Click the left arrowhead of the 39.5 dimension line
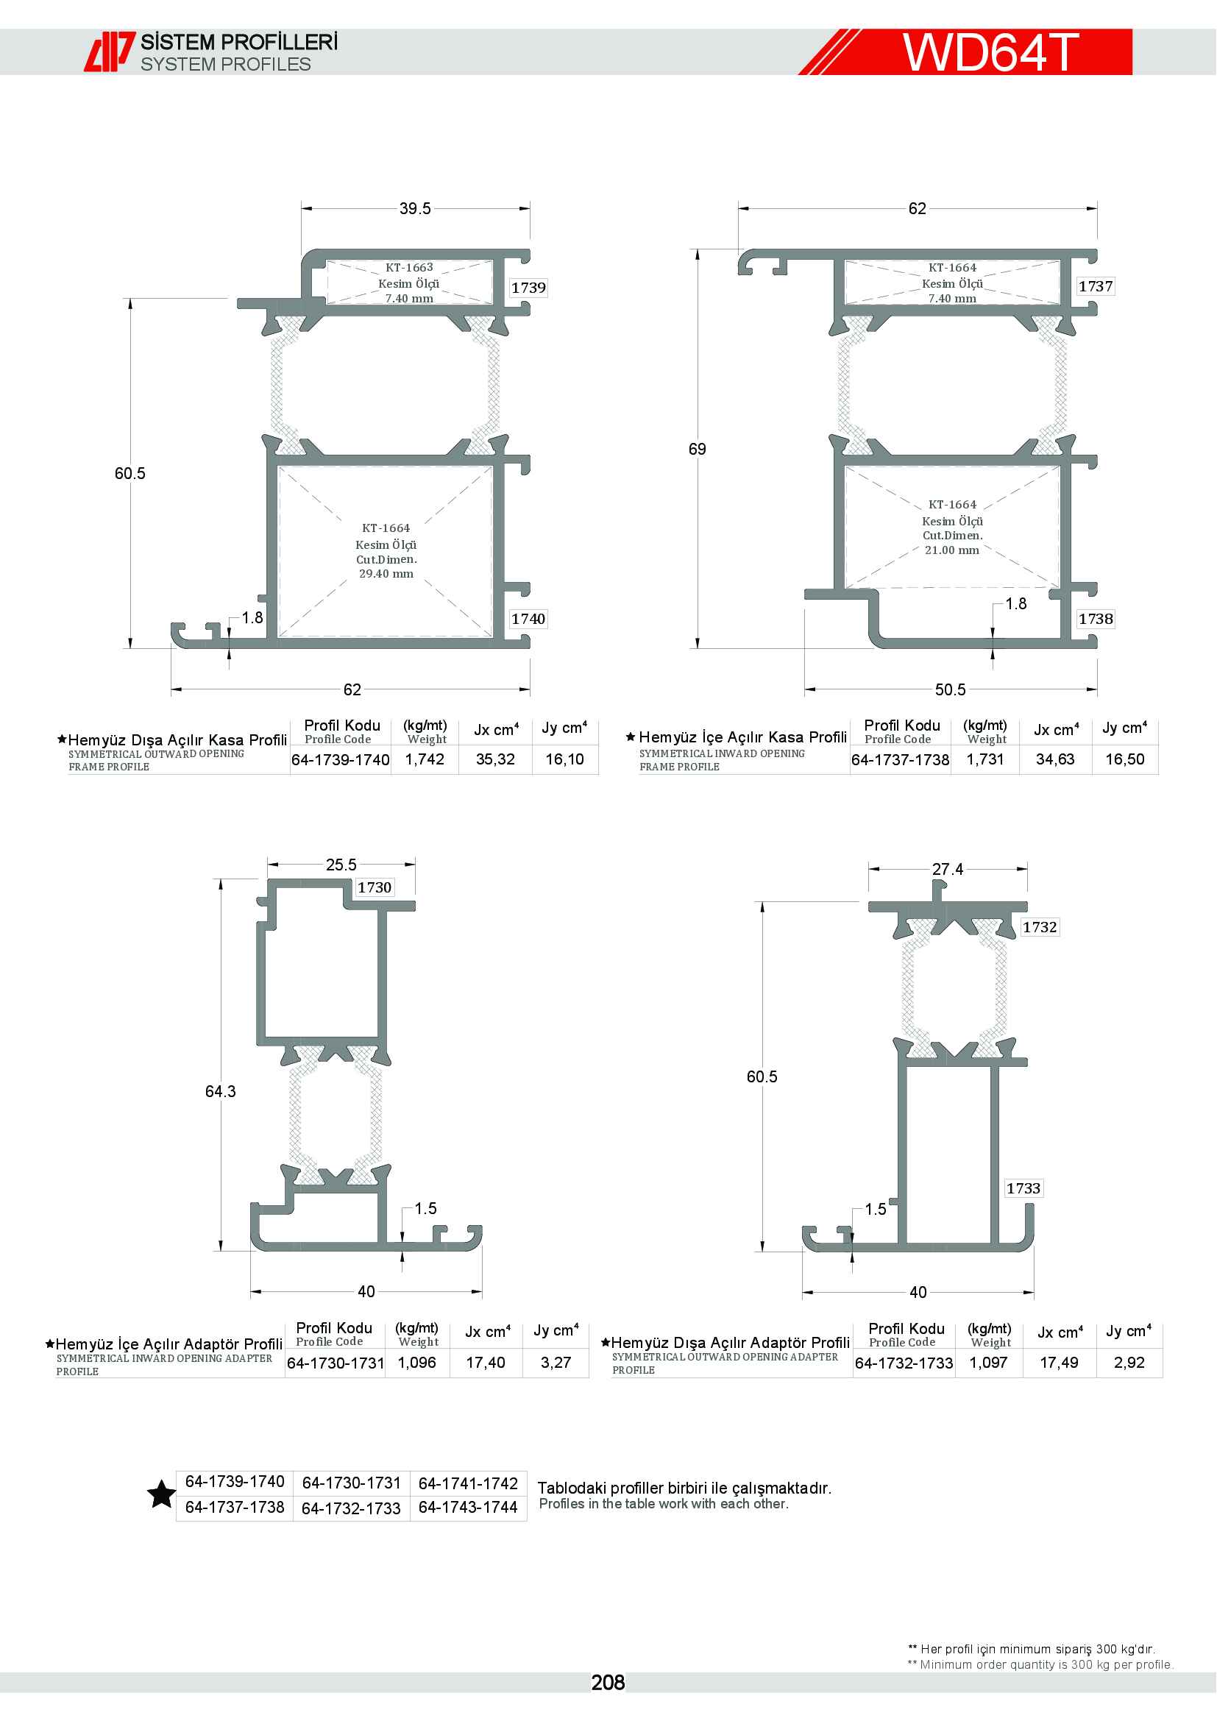click(x=307, y=209)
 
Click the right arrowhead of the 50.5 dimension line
click(x=1092, y=689)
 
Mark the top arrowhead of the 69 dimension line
click(x=698, y=255)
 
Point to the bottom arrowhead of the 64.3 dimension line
click(x=221, y=1245)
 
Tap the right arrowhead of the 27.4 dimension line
click(x=1022, y=870)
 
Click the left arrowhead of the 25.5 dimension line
click(x=273, y=865)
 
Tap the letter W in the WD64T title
click(x=929, y=52)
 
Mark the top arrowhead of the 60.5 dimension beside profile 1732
click(x=762, y=907)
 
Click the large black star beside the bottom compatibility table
click(x=161, y=1494)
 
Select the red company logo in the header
click(x=110, y=52)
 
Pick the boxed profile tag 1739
click(x=528, y=288)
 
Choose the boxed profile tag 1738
click(x=1096, y=618)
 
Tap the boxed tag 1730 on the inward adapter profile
click(x=375, y=887)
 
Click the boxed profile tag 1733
click(x=1023, y=1188)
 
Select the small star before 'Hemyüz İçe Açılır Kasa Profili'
click(x=631, y=737)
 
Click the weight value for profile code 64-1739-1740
click(x=425, y=759)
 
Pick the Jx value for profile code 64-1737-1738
click(x=1055, y=759)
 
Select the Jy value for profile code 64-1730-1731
click(x=556, y=1363)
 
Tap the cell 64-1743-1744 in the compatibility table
click(x=469, y=1508)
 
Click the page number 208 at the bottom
click(x=608, y=1683)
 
